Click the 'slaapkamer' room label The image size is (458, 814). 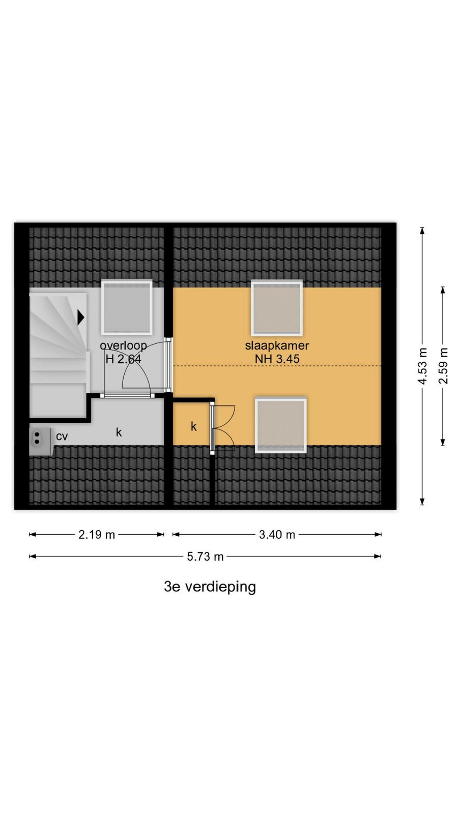277,345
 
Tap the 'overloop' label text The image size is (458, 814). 123,345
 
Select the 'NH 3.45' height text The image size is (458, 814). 277,359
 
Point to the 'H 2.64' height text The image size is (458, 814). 123,359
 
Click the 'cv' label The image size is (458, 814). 62,436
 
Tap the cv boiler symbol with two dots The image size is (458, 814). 41,442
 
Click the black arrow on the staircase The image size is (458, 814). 80,317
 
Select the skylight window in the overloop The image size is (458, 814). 127,307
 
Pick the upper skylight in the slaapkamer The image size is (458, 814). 277,308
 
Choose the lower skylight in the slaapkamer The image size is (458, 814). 280,425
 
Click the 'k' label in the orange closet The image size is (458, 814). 194,426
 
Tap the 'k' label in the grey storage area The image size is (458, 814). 119,432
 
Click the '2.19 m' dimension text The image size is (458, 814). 97,535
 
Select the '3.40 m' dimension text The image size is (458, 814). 277,535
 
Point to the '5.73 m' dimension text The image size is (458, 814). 206,557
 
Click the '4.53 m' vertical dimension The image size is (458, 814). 422,366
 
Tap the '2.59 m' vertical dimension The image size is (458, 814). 443,366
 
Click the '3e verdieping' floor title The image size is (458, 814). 210,587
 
